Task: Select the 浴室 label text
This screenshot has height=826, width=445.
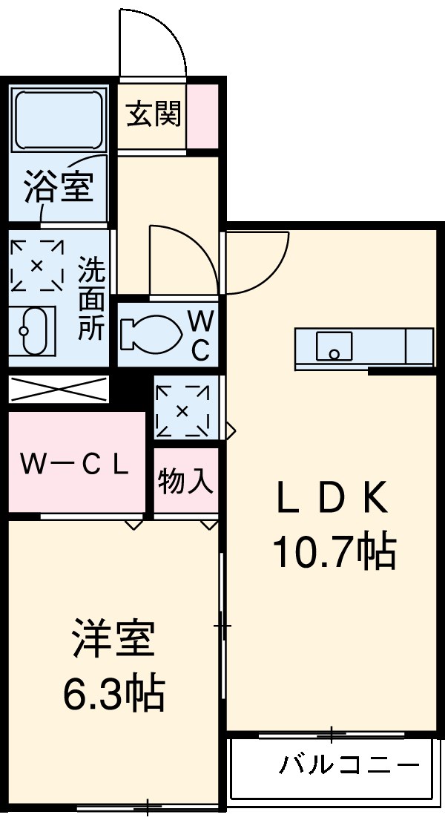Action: [x=59, y=186]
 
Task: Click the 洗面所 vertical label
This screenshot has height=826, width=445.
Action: [x=92, y=298]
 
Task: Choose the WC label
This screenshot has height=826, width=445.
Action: [x=200, y=335]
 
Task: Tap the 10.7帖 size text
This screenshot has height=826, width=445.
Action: [x=334, y=551]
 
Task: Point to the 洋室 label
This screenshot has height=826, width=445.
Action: [x=113, y=640]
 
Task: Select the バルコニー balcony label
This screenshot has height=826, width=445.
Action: [x=349, y=764]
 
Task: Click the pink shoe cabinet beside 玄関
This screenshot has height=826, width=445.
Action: [x=202, y=117]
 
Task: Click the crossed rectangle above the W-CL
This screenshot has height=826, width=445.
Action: [x=59, y=390]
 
